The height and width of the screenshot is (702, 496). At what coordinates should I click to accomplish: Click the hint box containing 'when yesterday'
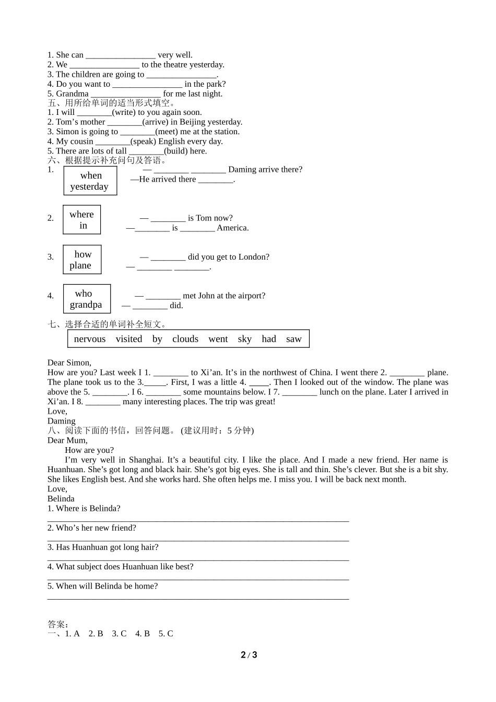click(90, 181)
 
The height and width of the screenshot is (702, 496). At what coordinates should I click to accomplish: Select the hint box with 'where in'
click(82, 220)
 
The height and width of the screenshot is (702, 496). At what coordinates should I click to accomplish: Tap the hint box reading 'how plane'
click(82, 260)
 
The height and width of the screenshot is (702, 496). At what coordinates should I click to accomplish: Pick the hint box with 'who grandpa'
click(87, 299)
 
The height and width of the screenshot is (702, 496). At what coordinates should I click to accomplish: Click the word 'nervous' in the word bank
click(90, 339)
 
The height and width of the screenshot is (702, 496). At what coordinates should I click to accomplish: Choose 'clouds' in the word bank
click(185, 339)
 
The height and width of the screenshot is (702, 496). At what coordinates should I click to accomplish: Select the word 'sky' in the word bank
click(244, 339)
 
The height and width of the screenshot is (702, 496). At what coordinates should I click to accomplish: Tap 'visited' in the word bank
click(129, 339)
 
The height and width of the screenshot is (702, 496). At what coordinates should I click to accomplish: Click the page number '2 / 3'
click(249, 655)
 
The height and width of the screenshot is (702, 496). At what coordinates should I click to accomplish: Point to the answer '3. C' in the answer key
click(119, 634)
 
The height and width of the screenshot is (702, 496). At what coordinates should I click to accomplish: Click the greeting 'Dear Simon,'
click(69, 362)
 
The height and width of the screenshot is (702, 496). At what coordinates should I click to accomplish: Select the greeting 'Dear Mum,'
click(67, 440)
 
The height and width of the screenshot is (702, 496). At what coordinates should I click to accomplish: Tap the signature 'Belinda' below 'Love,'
click(61, 498)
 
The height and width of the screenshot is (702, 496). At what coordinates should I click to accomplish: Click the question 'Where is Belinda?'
click(84, 508)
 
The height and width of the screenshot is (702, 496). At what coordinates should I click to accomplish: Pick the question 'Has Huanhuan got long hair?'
click(103, 547)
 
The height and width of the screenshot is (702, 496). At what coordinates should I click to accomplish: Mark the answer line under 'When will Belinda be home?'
click(198, 599)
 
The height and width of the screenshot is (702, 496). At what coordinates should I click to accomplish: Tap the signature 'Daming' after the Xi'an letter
click(62, 421)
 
